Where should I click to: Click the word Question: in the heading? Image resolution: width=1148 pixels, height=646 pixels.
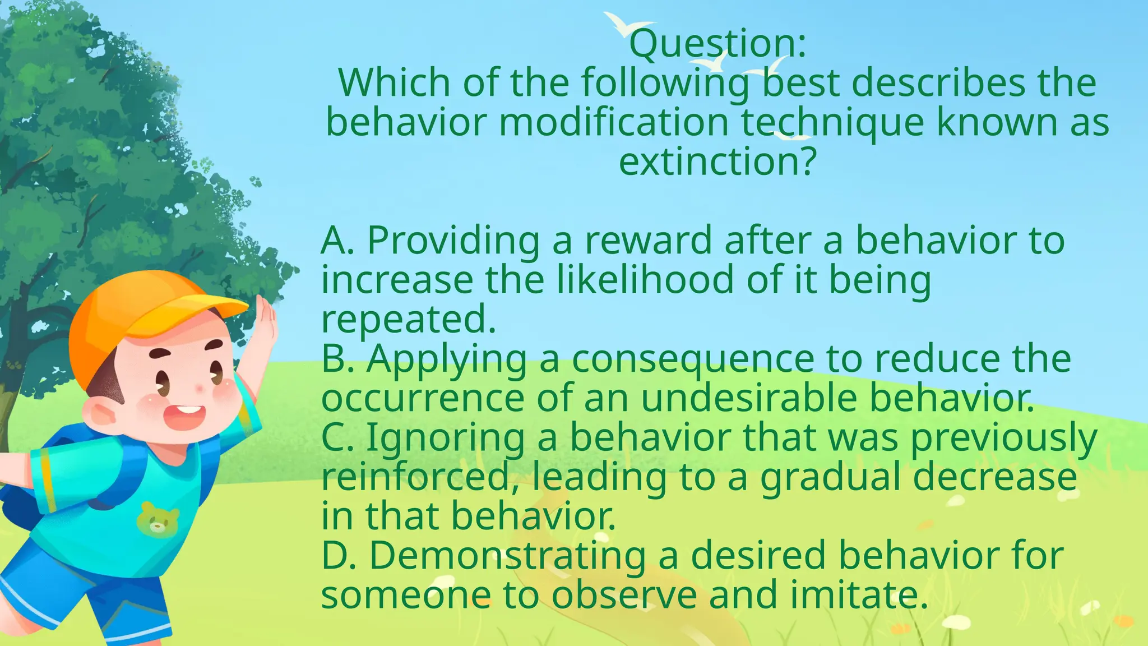717,44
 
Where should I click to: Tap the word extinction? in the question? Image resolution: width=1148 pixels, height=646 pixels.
717,162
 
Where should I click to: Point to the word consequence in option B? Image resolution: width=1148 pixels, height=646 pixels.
693,359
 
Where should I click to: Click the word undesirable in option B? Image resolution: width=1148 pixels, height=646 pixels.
749,399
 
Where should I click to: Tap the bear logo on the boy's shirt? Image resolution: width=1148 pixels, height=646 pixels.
158,518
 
